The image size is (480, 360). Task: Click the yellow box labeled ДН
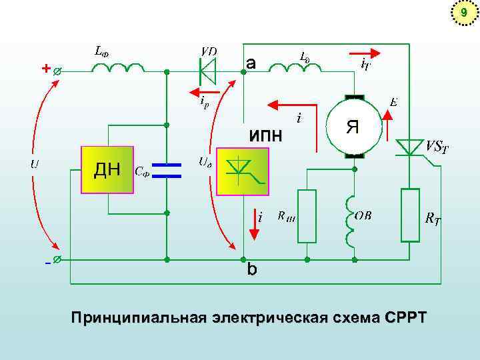point(107,170)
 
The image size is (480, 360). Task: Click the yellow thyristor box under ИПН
point(243,172)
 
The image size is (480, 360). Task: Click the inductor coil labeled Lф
point(117,68)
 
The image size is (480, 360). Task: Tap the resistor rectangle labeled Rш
point(307,216)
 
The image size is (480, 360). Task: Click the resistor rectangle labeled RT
point(410,215)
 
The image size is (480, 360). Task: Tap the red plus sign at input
point(45,69)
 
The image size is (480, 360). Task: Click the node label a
point(250,63)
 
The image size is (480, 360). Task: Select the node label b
point(251,270)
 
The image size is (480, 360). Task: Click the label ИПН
point(265,136)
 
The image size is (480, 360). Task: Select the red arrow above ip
point(203,91)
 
